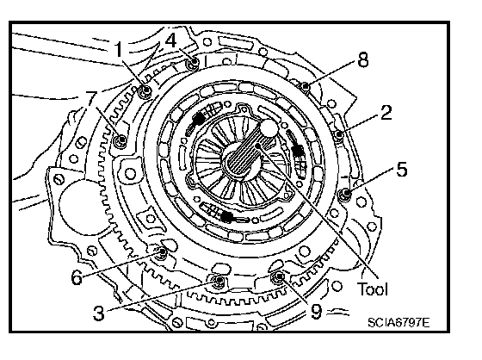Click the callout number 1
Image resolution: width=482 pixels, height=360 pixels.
coord(119,50)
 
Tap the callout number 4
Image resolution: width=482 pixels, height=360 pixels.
coord(171,40)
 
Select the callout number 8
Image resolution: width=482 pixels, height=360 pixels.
coord(363,59)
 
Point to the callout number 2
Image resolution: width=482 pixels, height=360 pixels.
coord(386,112)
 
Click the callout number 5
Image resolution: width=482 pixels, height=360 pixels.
coord(401,169)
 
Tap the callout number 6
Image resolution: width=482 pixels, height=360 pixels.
coord(77,277)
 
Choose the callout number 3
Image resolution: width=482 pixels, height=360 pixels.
coord(99,313)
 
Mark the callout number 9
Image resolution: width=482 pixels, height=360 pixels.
coord(316,312)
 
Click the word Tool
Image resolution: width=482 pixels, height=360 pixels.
coord(372,289)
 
